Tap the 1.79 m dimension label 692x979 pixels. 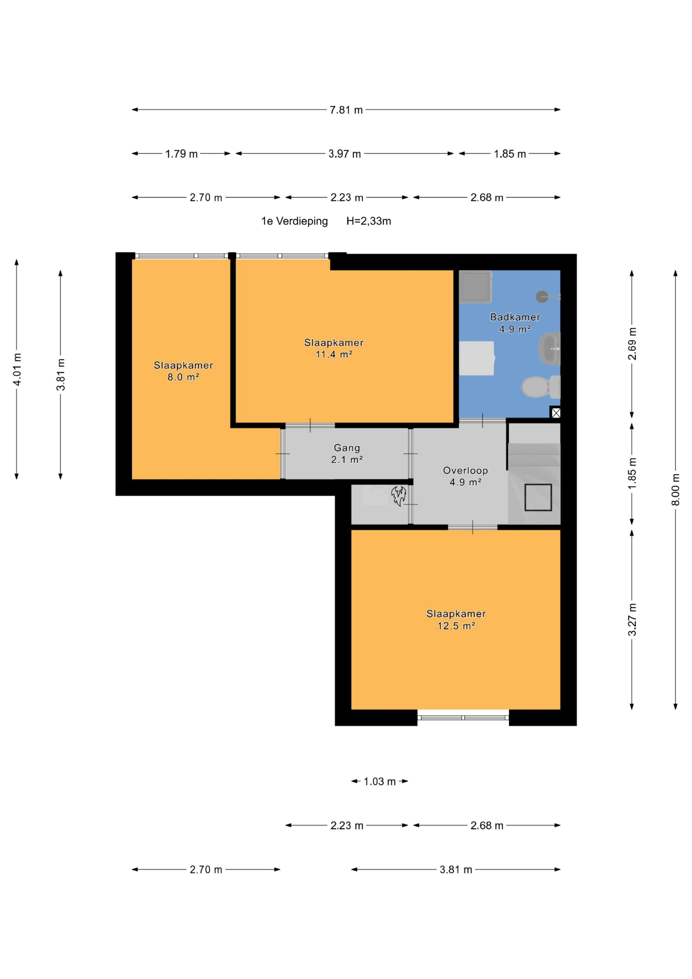pos(181,154)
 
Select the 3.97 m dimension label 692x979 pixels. pos(344,154)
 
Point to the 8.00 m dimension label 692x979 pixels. pos(675,490)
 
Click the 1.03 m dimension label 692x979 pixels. pos(379,782)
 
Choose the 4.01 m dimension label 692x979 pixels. pos(17,369)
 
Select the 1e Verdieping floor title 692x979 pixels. pos(295,221)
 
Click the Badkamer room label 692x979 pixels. pos(515,317)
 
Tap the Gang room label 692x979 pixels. pos(347,448)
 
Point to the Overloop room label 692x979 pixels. pos(465,471)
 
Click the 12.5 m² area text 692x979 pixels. pos(456,626)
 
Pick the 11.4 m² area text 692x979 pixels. pos(334,354)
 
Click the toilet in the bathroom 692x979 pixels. pos(541,387)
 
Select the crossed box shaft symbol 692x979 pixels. pos(556,413)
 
